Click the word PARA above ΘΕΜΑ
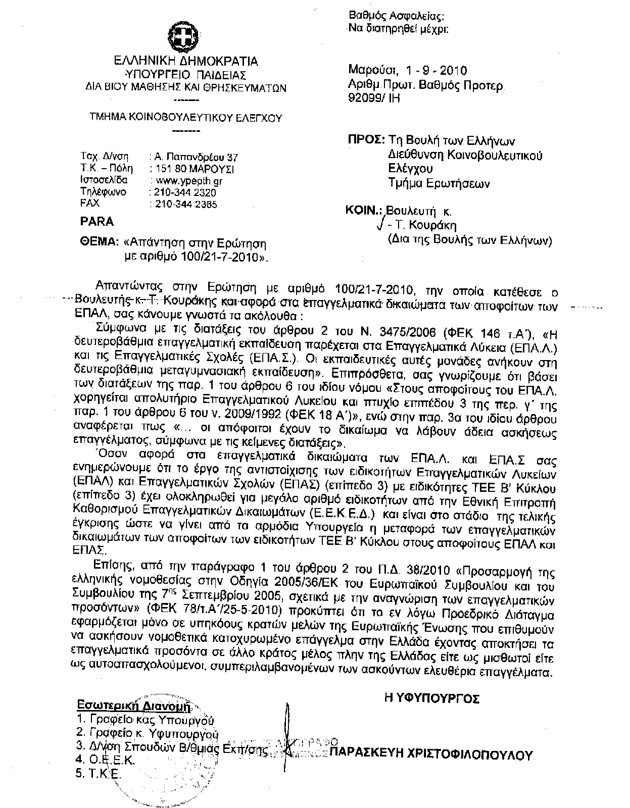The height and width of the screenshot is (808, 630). click(x=96, y=222)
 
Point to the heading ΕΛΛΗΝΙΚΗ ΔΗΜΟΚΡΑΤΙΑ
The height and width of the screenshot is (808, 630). click(x=185, y=62)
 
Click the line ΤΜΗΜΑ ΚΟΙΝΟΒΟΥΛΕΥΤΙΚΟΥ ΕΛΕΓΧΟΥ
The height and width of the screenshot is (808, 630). click(x=185, y=118)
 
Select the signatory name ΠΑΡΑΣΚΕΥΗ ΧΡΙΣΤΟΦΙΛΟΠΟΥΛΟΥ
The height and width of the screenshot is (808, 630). click(x=431, y=755)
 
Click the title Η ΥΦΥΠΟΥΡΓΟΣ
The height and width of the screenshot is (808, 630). click(x=431, y=699)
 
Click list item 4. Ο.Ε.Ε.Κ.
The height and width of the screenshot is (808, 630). click(x=105, y=760)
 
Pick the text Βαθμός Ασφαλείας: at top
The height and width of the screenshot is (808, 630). click(x=397, y=16)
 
